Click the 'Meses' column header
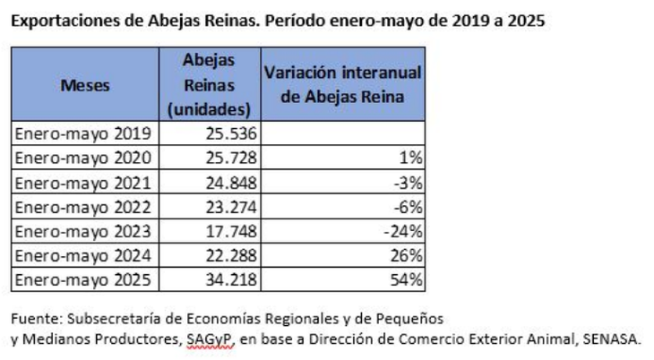click(86, 87)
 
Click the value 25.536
click(229, 134)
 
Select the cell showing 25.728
click(229, 158)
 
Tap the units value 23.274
click(229, 206)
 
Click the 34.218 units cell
click(229, 279)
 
